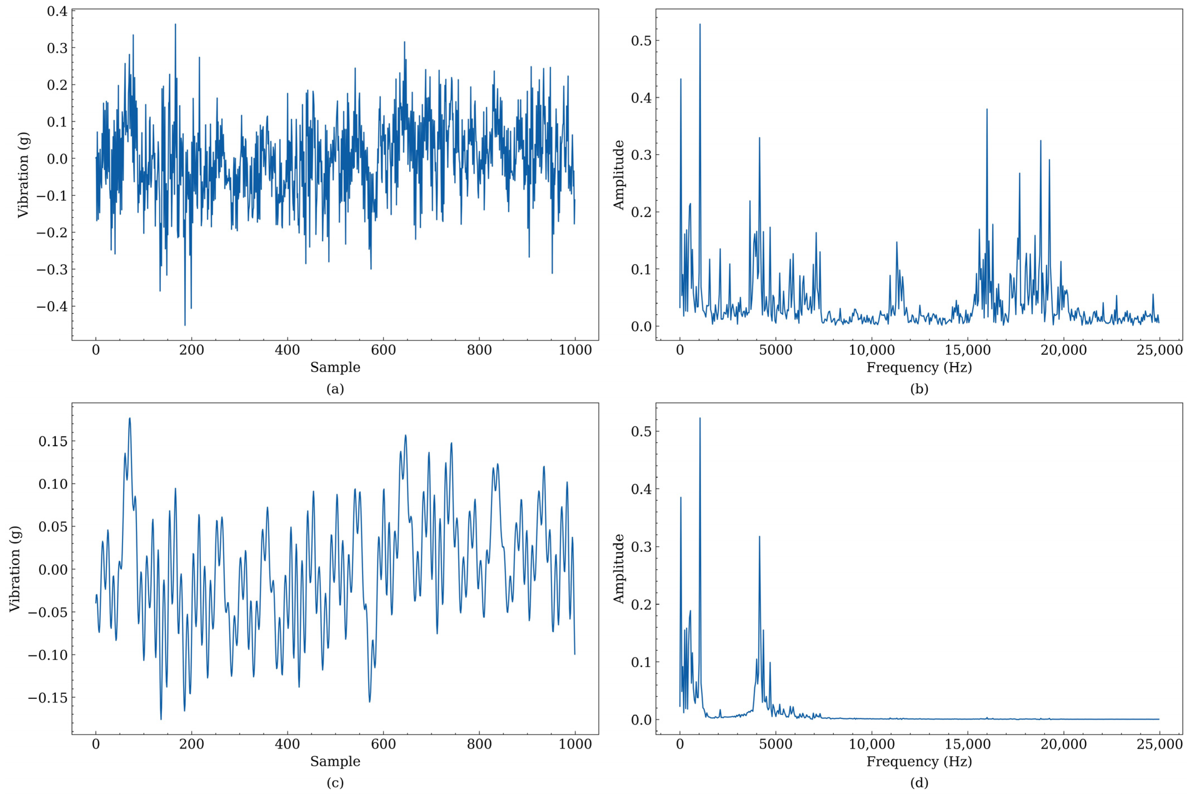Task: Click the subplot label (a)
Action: point(335,389)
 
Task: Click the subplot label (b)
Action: point(919,389)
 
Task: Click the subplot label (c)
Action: point(335,783)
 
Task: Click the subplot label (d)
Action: point(919,783)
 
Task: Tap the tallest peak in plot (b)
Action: point(700,24)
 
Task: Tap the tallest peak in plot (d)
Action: point(700,418)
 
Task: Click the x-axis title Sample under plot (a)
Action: point(335,367)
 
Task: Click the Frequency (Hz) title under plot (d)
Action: point(919,761)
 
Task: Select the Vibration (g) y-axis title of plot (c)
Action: point(15,568)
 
